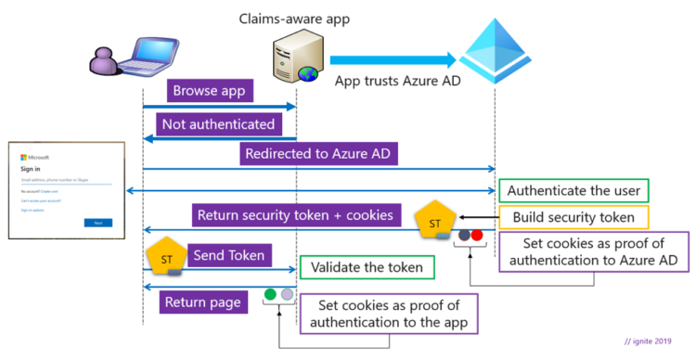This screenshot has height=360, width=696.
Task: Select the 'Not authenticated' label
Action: coord(217,123)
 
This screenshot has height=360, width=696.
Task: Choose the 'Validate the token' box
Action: coord(367,267)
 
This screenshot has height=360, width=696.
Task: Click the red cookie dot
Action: coord(477,236)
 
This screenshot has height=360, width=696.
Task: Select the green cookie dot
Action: coord(271,295)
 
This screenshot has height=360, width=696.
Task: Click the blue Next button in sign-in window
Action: coord(97,223)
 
